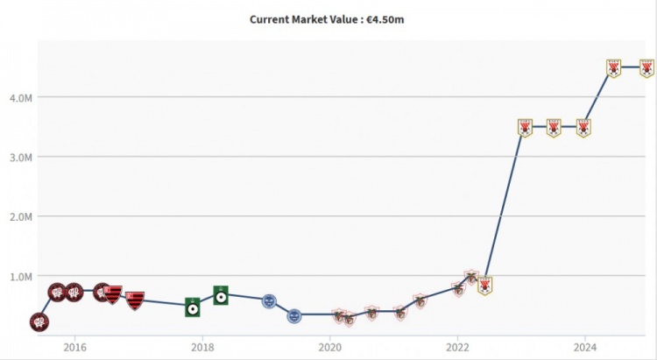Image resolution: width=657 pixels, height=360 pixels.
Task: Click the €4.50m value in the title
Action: coord(385,19)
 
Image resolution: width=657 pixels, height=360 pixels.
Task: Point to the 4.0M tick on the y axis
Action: coord(22,97)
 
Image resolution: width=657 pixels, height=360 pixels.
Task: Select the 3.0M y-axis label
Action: coord(22,157)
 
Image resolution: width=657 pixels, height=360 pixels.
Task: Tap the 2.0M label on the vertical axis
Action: coord(22,216)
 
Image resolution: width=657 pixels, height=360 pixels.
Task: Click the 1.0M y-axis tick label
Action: coord(22,276)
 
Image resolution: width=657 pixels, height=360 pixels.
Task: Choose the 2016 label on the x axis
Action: coord(74,345)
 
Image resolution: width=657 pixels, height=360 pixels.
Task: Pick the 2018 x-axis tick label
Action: coord(202,345)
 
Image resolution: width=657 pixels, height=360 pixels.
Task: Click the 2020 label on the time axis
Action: coord(330,345)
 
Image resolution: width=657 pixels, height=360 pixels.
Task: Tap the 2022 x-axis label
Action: coord(457,345)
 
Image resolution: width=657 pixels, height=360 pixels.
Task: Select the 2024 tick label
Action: coord(585,345)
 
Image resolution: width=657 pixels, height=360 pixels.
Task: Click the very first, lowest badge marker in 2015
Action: coord(39,322)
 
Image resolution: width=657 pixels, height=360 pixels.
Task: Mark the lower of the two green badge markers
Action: coord(193,307)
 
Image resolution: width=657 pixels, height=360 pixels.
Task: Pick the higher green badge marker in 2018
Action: coord(221,295)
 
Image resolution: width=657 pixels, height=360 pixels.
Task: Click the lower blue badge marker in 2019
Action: coord(295,314)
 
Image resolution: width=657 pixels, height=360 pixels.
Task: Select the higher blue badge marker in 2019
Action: coord(270,300)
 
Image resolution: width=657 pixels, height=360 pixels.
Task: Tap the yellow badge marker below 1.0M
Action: coord(484,285)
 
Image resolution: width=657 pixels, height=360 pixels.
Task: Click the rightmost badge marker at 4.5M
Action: coord(646,67)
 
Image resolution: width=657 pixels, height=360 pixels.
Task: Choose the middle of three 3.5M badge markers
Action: coord(554,128)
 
